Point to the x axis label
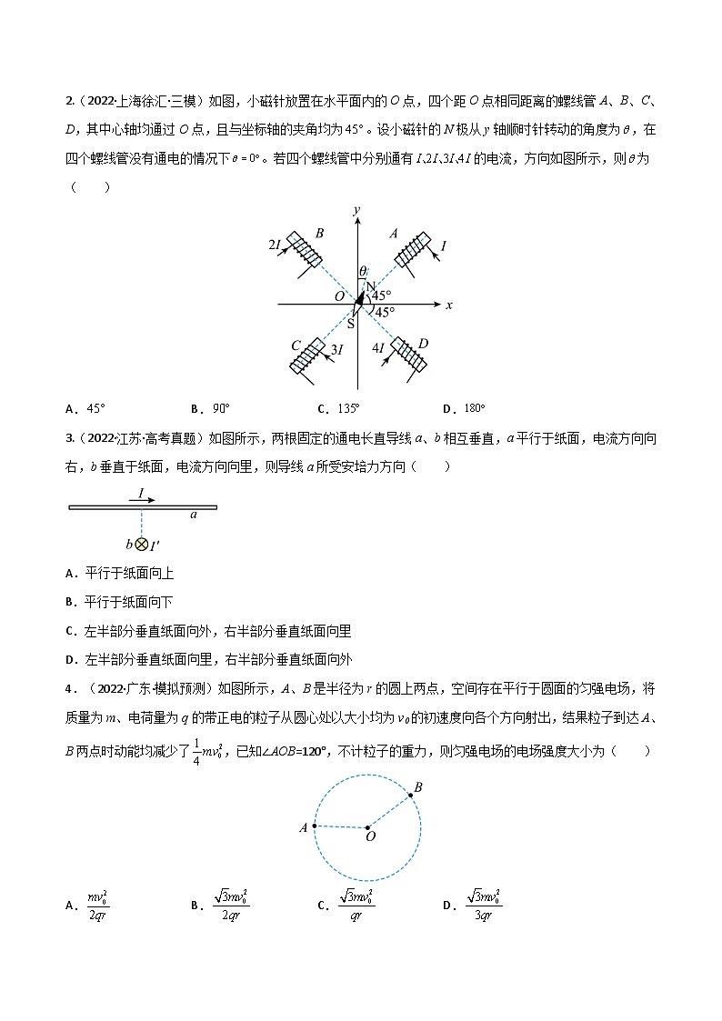[448, 305]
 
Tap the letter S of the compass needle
[351, 324]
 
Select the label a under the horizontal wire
[193, 515]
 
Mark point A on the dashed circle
[315, 826]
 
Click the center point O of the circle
[367, 827]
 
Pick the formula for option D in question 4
[485, 904]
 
